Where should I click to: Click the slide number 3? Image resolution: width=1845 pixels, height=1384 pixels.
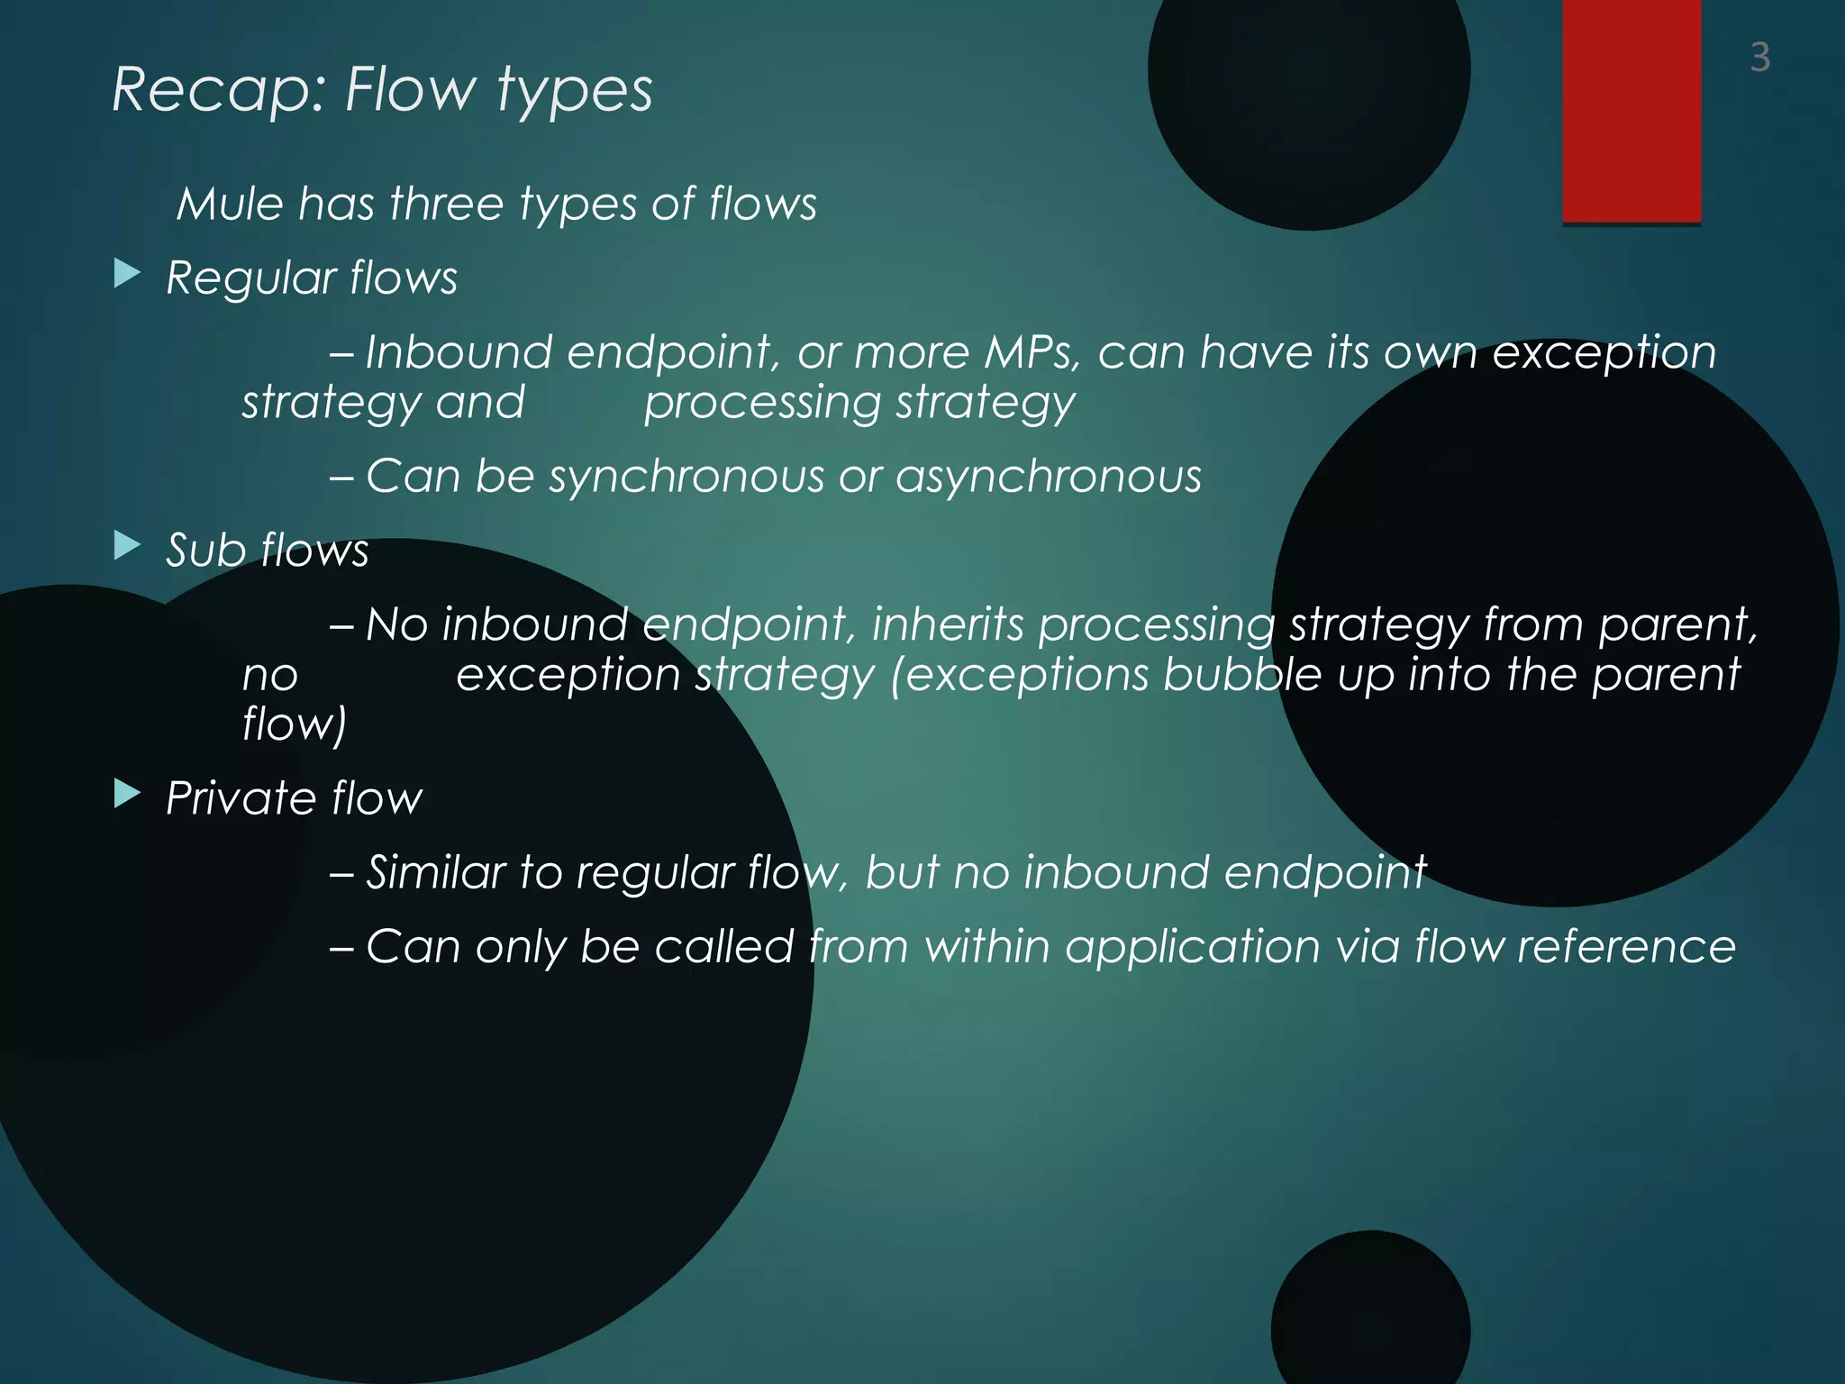tap(1759, 58)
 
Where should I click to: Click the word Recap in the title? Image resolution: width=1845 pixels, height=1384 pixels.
tap(217, 90)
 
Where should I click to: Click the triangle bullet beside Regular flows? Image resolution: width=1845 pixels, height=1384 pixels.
tap(128, 274)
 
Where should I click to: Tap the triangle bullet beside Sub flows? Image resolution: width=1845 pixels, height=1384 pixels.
tap(128, 546)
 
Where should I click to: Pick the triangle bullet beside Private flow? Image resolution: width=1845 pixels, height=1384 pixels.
tap(128, 795)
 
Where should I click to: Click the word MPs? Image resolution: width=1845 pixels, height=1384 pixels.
tap(1032, 352)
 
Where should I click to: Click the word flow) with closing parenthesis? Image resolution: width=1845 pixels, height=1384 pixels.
tap(294, 724)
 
